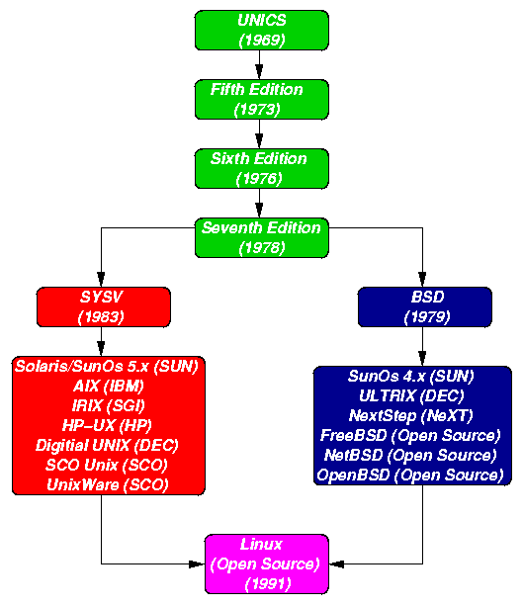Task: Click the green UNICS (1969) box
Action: pos(261,30)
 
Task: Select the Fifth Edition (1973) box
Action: pos(256,99)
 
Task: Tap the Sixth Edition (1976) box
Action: pos(258,168)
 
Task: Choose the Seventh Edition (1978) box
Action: pos(260,237)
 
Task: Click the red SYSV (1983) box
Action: pos(104,306)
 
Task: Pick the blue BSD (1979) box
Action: pos(425,306)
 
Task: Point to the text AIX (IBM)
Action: pos(107,385)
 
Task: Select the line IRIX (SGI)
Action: pos(107,404)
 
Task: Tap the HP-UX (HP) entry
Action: pos(107,424)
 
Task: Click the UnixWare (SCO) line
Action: pos(107,483)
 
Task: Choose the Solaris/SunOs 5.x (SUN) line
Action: pos(107,366)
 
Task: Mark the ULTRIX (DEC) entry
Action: pos(410,395)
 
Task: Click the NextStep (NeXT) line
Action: pos(410,415)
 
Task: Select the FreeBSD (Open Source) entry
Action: pos(410,435)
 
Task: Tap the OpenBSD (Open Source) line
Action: pos(410,475)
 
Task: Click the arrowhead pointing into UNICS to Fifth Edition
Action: pos(259,72)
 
